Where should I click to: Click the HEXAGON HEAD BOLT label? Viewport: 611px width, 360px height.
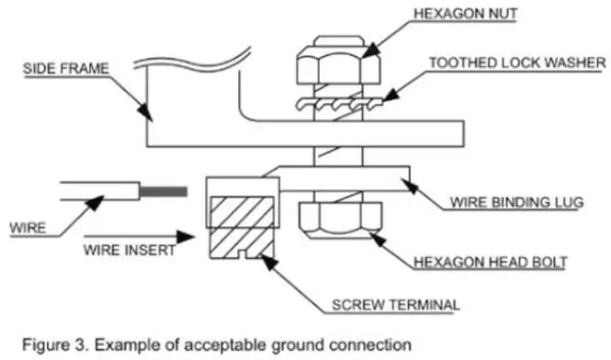[x=502, y=262]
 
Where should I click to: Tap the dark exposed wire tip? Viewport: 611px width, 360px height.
[x=163, y=193]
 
